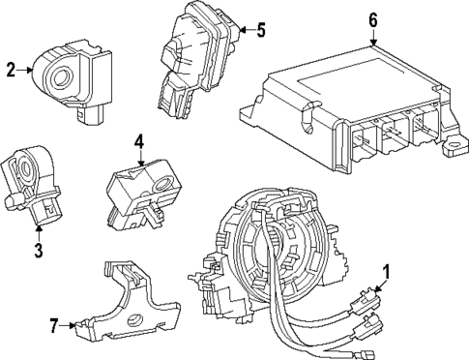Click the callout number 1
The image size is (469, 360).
click(x=387, y=272)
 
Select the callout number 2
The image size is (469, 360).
click(x=11, y=68)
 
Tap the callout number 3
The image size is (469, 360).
click(x=39, y=252)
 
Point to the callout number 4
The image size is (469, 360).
click(x=139, y=141)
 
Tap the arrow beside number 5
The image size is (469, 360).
click(x=246, y=30)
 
